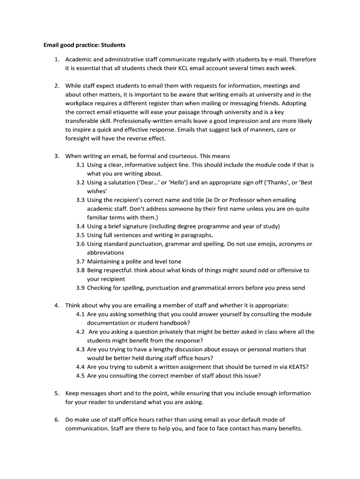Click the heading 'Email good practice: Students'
click(84, 45)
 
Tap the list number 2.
click(57, 86)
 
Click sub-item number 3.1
click(80, 165)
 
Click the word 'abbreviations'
click(106, 253)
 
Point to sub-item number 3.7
click(80, 261)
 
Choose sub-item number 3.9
click(80, 288)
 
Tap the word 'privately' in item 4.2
click(178, 332)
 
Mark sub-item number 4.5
click(80, 376)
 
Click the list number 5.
click(57, 394)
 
